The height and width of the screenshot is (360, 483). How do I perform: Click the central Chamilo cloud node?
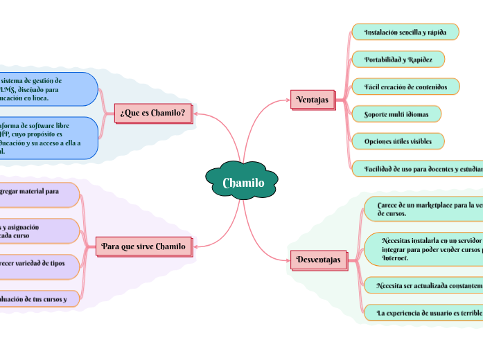[x=243, y=183]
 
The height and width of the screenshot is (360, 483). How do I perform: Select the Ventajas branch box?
[x=313, y=100]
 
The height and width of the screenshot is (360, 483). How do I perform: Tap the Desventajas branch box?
[x=318, y=260]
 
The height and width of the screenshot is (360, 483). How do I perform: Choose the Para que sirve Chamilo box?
[x=143, y=246]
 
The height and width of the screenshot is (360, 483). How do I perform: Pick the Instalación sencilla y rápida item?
[x=405, y=32]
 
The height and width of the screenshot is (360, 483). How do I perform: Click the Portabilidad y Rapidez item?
[x=398, y=60]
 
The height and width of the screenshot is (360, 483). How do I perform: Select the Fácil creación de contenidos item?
[x=405, y=87]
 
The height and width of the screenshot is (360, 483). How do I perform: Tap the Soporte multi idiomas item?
[x=396, y=114]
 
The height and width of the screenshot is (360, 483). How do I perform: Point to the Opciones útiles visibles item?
[x=398, y=141]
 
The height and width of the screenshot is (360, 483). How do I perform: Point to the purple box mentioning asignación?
[x=38, y=231]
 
